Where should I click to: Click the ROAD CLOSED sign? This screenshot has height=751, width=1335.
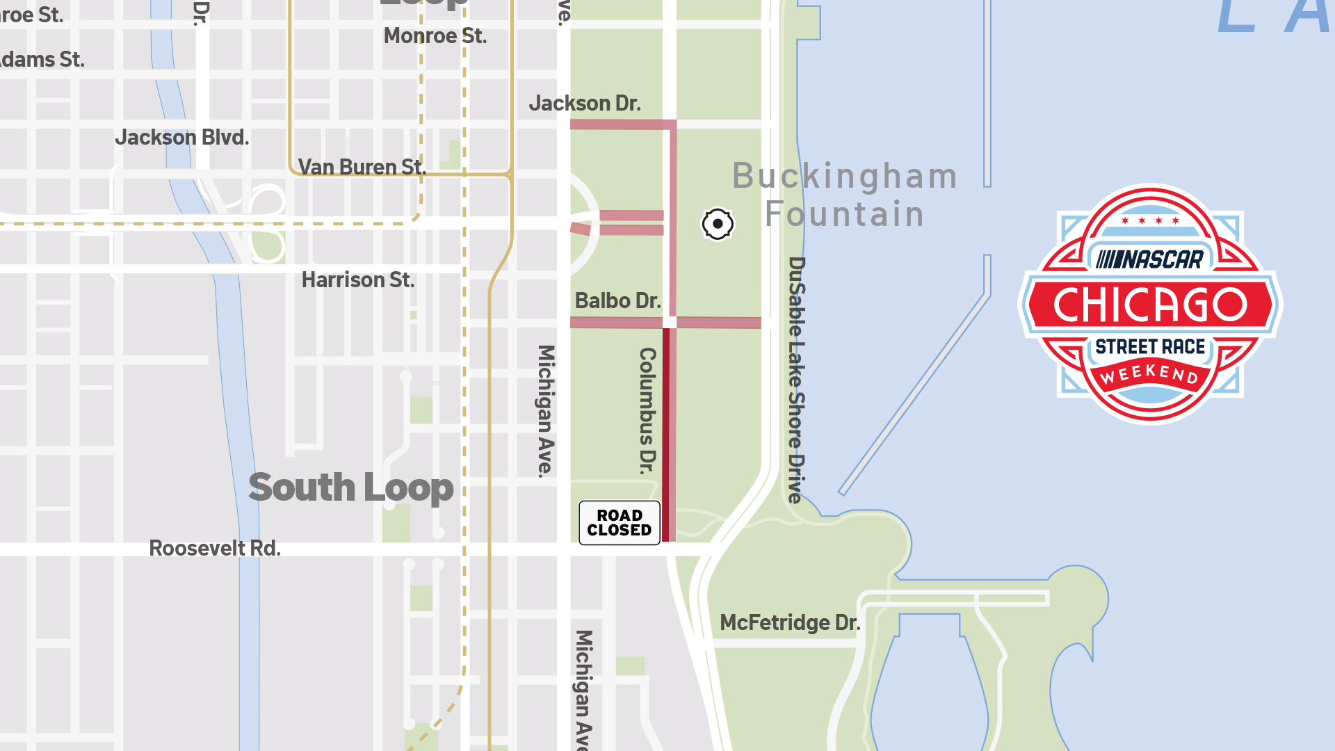click(619, 523)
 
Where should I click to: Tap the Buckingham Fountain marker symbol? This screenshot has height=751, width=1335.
click(717, 224)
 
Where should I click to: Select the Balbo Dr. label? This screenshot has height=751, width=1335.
click(617, 301)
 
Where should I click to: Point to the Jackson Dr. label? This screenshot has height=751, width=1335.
click(584, 104)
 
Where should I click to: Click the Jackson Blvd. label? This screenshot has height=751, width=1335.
click(181, 138)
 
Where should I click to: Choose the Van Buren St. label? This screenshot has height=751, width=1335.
click(362, 168)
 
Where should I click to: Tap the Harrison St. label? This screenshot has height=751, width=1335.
click(357, 280)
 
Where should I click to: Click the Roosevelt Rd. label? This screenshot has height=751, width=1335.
click(215, 549)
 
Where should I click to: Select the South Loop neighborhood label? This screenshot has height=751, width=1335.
click(350, 487)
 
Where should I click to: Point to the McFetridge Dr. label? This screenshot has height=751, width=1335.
click(789, 623)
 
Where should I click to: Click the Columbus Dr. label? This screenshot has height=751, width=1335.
click(647, 410)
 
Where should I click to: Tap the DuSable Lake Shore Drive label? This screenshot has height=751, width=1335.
click(797, 380)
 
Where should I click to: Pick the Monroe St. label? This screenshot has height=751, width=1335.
click(435, 36)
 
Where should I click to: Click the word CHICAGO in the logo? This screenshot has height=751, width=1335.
click(1150, 305)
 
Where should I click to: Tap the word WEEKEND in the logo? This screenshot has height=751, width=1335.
click(1149, 374)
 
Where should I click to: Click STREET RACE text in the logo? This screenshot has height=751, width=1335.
click(1150, 347)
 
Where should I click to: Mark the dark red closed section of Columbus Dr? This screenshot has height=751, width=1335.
click(666, 435)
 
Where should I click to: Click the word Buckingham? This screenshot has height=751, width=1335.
click(845, 177)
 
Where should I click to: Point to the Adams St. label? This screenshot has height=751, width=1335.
click(42, 60)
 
